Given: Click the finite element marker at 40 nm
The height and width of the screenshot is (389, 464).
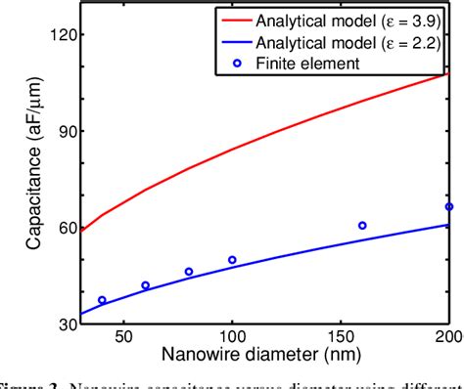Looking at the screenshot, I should click(102, 300).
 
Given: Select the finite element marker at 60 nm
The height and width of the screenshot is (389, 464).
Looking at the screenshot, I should click(145, 285).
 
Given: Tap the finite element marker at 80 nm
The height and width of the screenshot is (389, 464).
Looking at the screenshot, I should click(189, 272).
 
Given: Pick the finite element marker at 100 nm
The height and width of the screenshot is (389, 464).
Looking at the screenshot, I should click(232, 260).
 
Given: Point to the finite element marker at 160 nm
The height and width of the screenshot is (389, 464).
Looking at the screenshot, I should click(362, 226).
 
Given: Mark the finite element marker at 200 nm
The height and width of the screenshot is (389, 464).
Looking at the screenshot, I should click(448, 207).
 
